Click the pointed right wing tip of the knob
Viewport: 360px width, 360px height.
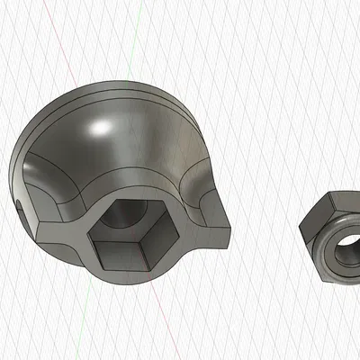click(x=228, y=236)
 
